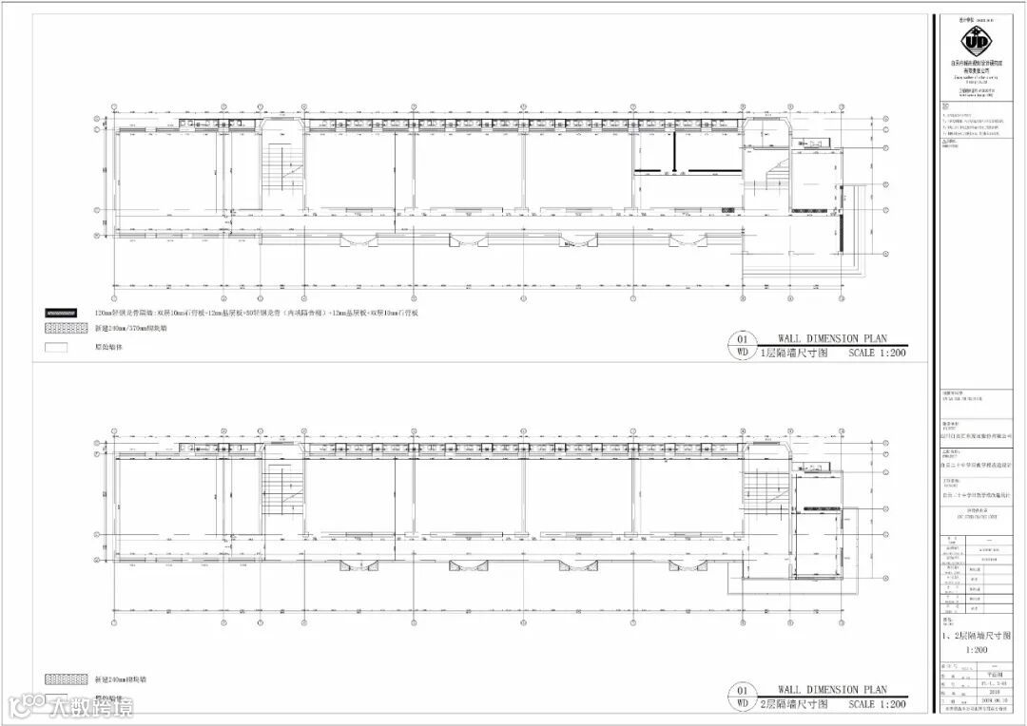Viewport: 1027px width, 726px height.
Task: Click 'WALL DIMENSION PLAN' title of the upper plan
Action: point(832,337)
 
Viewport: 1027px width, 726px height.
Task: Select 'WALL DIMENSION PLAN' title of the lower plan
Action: point(832,689)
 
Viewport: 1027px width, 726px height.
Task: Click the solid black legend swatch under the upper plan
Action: point(67,312)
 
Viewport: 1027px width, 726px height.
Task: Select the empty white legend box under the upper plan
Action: point(67,347)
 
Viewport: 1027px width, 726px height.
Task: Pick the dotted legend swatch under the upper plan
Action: point(67,329)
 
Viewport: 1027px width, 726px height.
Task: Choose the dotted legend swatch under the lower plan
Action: point(67,680)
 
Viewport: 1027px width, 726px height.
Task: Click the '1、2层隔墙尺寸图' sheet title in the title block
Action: point(976,635)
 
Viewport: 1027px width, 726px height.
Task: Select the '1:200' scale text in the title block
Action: point(975,649)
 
